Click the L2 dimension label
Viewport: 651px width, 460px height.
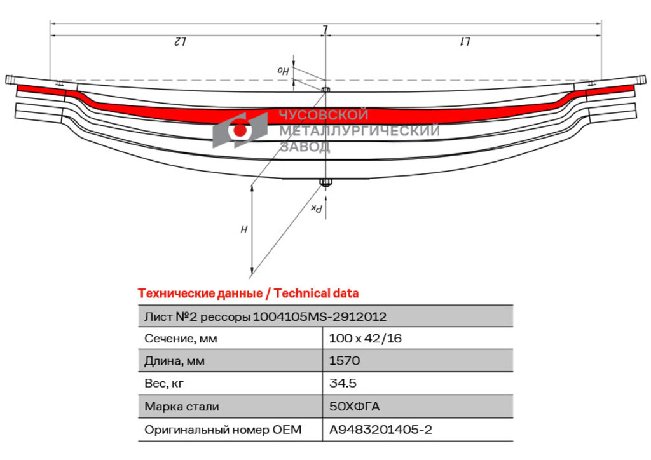coord(179,41)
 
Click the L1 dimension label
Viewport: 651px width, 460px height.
coord(465,41)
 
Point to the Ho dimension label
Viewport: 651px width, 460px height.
coord(283,71)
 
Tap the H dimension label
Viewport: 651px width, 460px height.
coord(244,229)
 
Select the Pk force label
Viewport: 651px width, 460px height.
coord(317,208)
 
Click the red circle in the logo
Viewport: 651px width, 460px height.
coord(240,130)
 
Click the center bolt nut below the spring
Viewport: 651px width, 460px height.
coord(325,182)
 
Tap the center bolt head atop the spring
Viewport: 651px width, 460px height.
coord(325,90)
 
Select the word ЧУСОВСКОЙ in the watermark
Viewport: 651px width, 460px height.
coord(324,114)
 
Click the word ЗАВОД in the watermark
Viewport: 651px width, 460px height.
coord(305,146)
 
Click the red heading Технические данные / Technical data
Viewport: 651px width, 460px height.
coord(249,294)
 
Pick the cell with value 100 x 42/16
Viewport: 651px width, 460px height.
coord(366,339)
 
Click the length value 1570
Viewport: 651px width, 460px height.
coord(344,361)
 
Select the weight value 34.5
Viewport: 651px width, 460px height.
coord(343,383)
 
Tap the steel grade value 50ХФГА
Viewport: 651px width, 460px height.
coord(354,407)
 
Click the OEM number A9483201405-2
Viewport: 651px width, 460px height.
coord(381,430)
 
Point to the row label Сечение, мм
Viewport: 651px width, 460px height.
coord(181,339)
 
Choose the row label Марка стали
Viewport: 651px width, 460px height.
coord(181,407)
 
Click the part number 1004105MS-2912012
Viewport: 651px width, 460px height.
coord(320,317)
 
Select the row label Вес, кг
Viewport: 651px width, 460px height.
coord(163,384)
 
